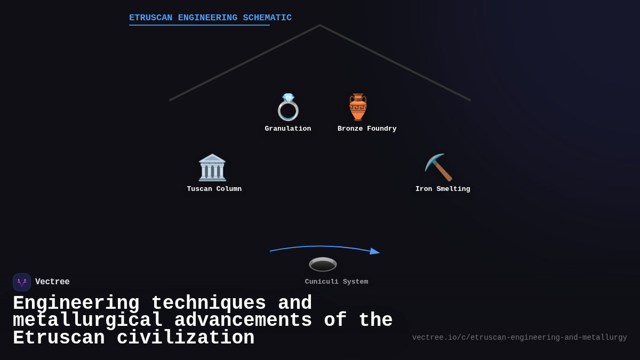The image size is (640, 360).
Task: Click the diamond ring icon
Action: (288, 107)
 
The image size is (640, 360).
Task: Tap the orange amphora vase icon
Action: (358, 107)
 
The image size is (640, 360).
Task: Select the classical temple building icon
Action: (212, 167)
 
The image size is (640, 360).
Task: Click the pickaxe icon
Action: (438, 167)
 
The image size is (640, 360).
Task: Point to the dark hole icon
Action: (323, 265)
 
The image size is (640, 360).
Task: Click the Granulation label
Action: (287, 129)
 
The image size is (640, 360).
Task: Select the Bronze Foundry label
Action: (367, 129)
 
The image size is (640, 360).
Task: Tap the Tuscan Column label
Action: (214, 189)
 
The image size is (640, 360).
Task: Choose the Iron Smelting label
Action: (443, 189)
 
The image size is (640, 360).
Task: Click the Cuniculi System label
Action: (337, 282)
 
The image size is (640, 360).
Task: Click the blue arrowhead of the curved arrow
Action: (375, 251)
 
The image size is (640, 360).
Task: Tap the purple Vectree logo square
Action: (22, 282)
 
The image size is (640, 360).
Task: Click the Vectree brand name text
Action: (52, 282)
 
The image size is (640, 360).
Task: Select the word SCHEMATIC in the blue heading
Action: (267, 18)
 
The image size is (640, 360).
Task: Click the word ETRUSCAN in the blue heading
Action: (150, 18)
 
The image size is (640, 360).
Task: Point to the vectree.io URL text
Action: (519, 338)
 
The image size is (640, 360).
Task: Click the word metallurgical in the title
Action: (87, 321)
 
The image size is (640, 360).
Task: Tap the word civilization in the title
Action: (186, 338)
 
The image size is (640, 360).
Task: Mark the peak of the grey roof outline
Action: (320, 25)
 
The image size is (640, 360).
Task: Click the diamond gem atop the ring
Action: (288, 98)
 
